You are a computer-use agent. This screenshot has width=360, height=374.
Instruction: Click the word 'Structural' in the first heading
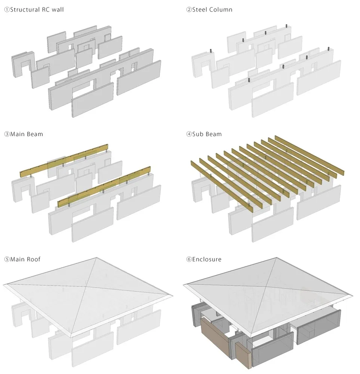tap(25, 10)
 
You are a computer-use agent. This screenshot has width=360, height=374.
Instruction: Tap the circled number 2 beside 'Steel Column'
tap(189, 10)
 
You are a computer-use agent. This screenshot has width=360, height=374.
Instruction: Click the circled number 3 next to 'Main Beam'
tap(7, 134)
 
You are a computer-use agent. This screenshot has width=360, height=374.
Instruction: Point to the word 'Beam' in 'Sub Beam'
tap(214, 134)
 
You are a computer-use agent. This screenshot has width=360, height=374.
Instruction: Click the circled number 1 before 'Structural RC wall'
tap(7, 10)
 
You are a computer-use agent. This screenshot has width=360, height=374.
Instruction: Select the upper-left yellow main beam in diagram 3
tap(64, 161)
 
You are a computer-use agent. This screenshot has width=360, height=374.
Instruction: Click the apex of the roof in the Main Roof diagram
tap(97, 258)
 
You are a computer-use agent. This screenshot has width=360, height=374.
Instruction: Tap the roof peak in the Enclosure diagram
tap(277, 258)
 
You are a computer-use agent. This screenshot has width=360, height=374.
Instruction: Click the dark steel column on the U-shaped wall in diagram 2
tap(211, 51)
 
